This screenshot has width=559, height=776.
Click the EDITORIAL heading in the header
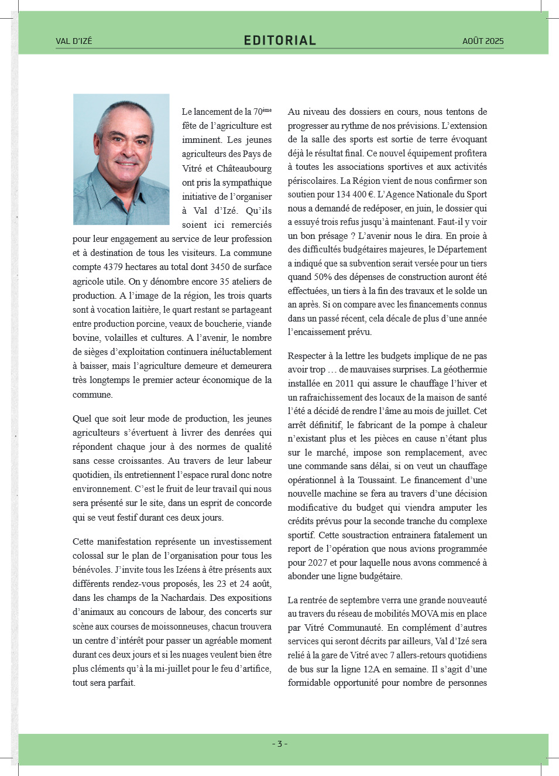tap(280, 40)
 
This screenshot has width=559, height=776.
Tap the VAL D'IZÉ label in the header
tap(74, 41)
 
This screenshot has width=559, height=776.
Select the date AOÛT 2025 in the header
tap(483, 41)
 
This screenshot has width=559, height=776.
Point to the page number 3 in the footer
tap(280, 744)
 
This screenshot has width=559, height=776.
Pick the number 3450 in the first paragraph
tap(220, 267)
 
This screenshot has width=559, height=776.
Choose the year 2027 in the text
tap(317, 563)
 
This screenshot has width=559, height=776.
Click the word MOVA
tap(425, 614)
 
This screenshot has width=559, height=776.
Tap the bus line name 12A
tap(371, 669)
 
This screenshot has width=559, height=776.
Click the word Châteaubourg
tap(244, 169)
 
